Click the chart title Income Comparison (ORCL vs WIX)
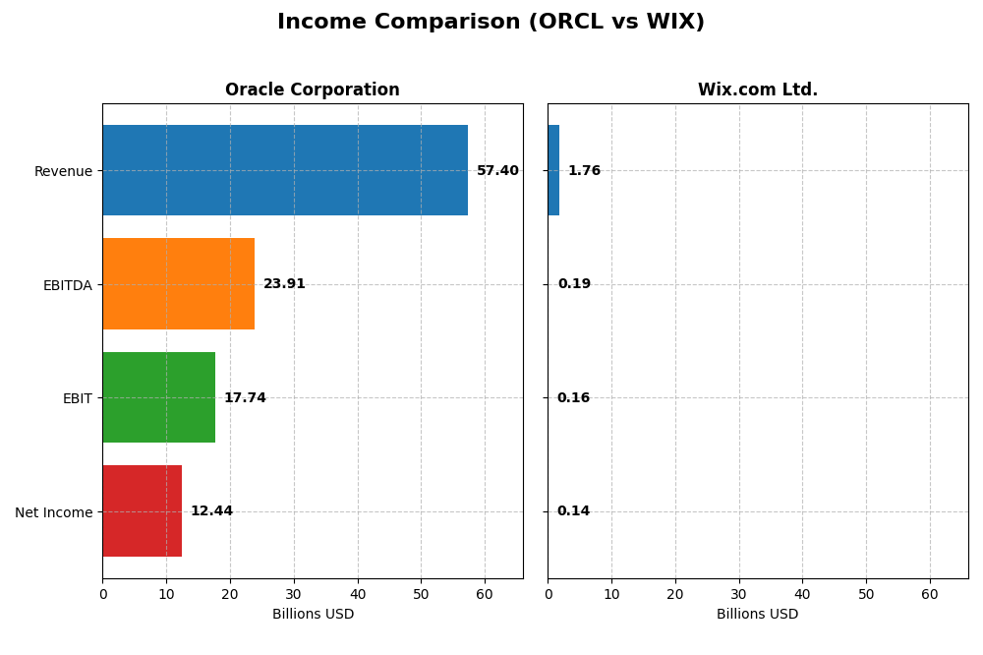(x=491, y=22)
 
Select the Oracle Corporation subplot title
(x=312, y=90)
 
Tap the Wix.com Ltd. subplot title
(x=757, y=90)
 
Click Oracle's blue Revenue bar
(x=285, y=170)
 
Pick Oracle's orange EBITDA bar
(x=178, y=283)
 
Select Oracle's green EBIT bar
(x=158, y=397)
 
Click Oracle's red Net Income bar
(x=142, y=510)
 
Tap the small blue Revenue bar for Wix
(x=553, y=170)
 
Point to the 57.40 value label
(x=497, y=171)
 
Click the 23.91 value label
(x=284, y=284)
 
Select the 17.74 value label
(x=245, y=398)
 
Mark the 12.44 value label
(x=211, y=511)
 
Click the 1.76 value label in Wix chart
(x=584, y=171)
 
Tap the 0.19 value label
(x=574, y=284)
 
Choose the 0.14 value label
(x=573, y=511)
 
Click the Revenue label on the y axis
(x=63, y=171)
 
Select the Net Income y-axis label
(x=54, y=511)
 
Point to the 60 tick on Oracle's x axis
(x=485, y=594)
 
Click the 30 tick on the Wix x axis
(x=739, y=594)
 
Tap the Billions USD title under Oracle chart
(x=313, y=615)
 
